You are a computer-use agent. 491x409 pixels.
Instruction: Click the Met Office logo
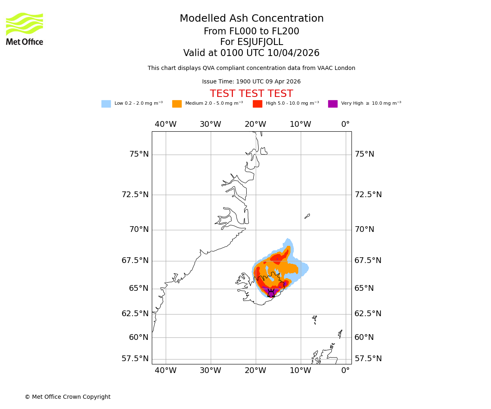coord(25,29)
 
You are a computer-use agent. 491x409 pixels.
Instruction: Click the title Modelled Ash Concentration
coord(251,18)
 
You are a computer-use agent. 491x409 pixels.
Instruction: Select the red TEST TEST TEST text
coord(251,94)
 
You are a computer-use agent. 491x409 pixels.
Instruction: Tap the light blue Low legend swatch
coord(106,104)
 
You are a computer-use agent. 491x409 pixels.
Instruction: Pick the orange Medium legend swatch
coord(177,104)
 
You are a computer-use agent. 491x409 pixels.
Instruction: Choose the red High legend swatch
coord(257,104)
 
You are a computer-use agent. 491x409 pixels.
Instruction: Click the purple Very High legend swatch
coord(333,104)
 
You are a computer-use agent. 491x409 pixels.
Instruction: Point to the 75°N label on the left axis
coord(139,154)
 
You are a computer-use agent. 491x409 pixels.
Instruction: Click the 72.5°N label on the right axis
coord(368,194)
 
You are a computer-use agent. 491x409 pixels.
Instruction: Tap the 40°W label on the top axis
coord(165,124)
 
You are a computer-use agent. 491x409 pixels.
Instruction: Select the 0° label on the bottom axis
coord(345,371)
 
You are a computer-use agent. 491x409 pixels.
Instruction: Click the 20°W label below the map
coord(255,371)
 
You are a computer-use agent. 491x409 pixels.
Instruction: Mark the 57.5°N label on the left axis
coord(135,359)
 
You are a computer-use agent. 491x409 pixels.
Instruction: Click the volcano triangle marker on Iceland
coord(271,293)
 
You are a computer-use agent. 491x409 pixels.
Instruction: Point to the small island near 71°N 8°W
coord(307,216)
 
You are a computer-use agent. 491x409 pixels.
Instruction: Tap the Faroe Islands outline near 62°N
coord(314,319)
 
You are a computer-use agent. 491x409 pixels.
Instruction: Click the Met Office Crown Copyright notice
coord(68,397)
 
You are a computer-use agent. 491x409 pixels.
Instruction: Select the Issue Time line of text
coord(251,81)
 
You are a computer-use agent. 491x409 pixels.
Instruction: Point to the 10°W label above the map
coord(300,124)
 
